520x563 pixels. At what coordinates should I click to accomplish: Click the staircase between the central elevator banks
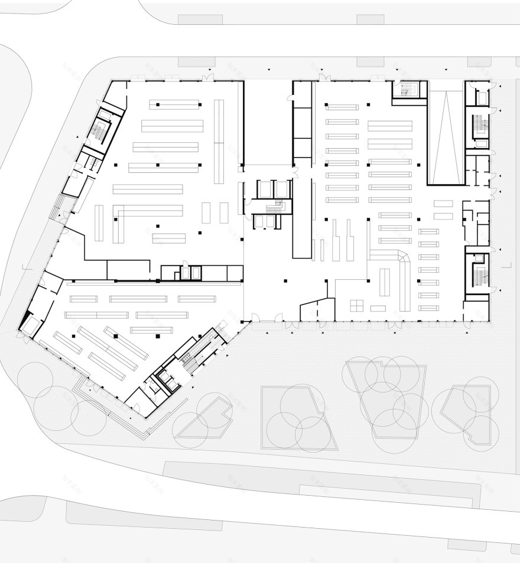point(274,207)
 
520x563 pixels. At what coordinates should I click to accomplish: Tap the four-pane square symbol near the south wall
point(356,305)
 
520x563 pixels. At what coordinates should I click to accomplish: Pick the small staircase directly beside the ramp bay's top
point(406,89)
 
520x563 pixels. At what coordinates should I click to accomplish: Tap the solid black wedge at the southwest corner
point(24,322)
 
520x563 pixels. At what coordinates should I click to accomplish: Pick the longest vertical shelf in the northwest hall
point(219,142)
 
